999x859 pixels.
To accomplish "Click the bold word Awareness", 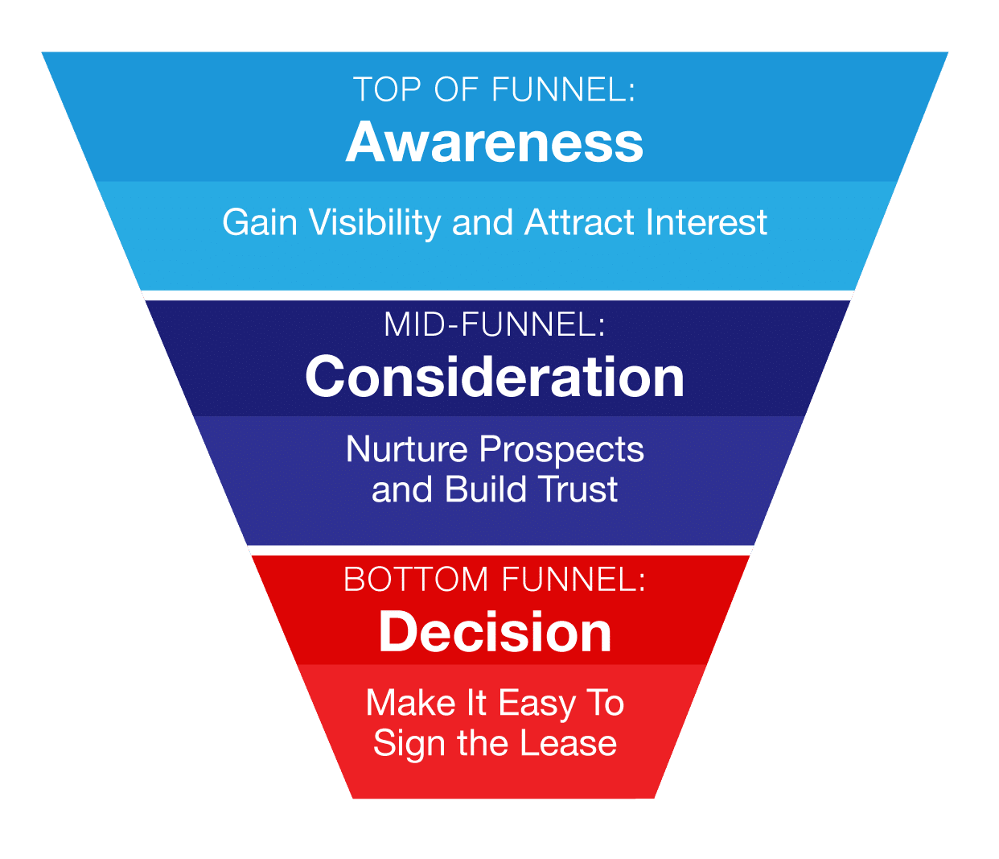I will [x=495, y=142].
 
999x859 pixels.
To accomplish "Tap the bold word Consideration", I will [x=495, y=377].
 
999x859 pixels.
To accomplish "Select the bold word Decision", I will [x=495, y=632].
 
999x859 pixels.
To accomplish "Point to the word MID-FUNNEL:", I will [x=495, y=324].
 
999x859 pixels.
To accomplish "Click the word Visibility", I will [x=375, y=223].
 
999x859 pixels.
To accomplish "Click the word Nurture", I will [x=407, y=449].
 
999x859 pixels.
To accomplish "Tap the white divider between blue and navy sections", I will [x=497, y=295].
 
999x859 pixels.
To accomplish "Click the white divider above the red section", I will [x=500, y=551].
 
